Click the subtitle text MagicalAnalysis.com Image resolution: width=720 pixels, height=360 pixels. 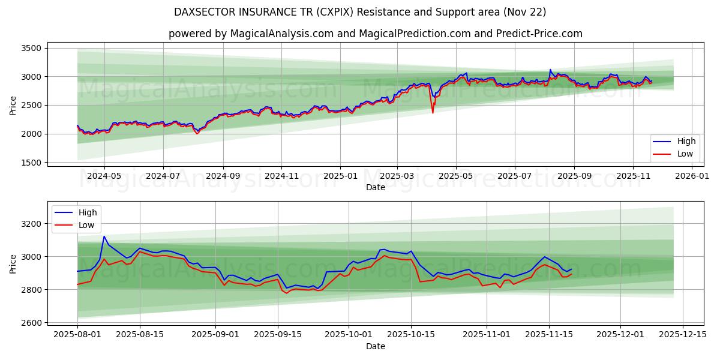[281, 34]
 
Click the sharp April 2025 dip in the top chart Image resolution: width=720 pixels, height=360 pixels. [433, 112]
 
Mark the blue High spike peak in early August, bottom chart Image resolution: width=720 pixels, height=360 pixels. [104, 236]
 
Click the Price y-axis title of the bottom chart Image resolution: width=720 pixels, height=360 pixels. [13, 263]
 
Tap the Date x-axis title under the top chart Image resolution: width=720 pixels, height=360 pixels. [376, 187]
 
